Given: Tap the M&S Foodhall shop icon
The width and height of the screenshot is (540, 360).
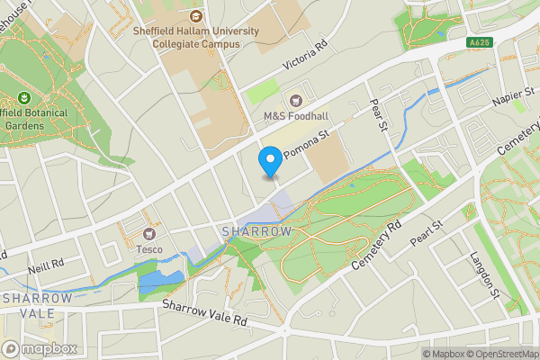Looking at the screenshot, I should pyautogui.click(x=296, y=100).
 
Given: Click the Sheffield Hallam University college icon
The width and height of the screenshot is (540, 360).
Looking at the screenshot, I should pyautogui.click(x=196, y=15).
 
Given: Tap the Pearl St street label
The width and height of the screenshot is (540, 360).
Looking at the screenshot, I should pyautogui.click(x=427, y=235).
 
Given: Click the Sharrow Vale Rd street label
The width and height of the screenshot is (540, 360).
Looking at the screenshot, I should pyautogui.click(x=204, y=312).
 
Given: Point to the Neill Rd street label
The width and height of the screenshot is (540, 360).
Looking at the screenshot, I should pyautogui.click(x=44, y=264).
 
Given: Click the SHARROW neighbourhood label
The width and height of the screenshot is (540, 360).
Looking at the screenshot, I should pyautogui.click(x=257, y=232).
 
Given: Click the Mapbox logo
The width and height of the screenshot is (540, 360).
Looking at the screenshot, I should pyautogui.click(x=40, y=349).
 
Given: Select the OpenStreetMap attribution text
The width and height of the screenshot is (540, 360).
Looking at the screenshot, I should pyautogui.click(x=505, y=353).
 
